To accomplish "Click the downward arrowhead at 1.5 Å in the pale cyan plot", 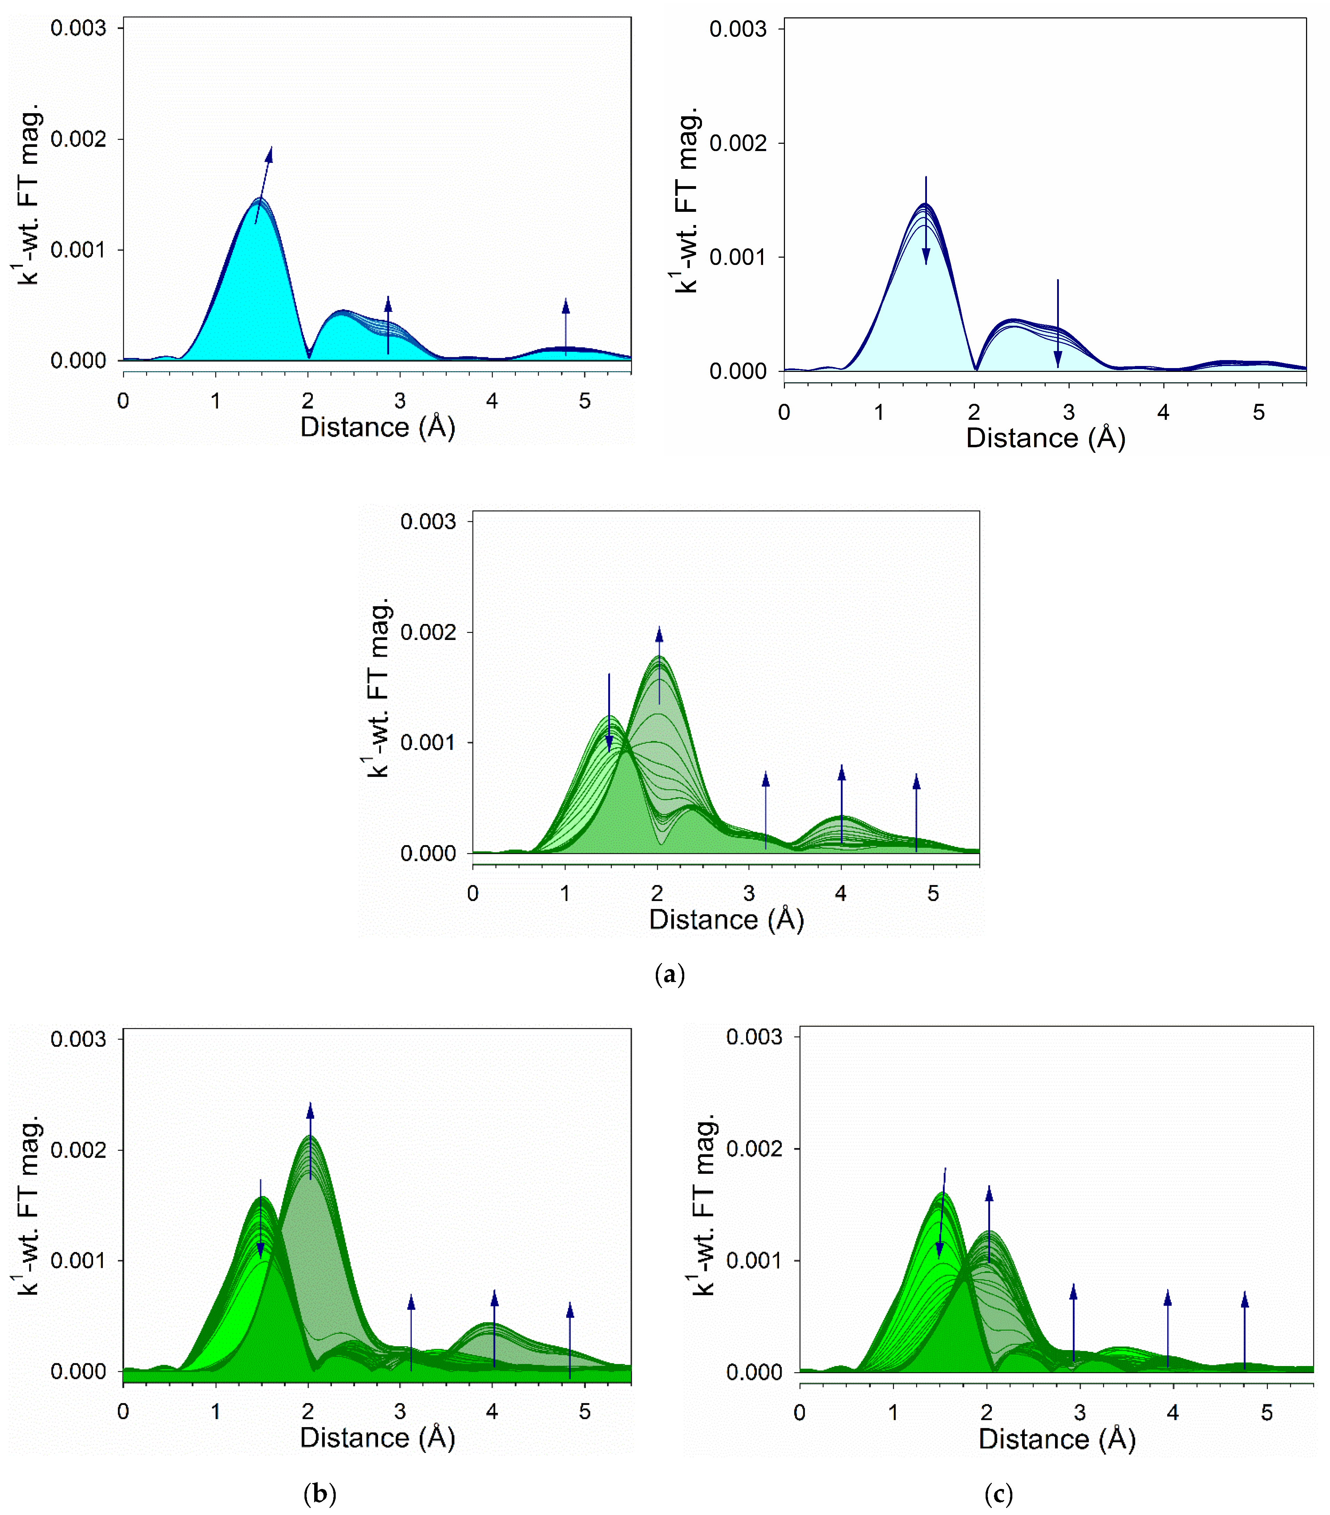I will (926, 257).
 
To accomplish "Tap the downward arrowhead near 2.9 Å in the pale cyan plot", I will (1057, 359).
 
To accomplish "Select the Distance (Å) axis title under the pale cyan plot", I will (1045, 438).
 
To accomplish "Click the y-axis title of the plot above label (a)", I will (378, 687).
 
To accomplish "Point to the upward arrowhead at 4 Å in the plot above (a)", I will (841, 773).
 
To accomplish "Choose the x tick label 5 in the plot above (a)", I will (933, 894).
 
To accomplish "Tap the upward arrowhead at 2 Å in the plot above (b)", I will (310, 1110).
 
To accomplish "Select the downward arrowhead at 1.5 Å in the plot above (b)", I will (260, 1250).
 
